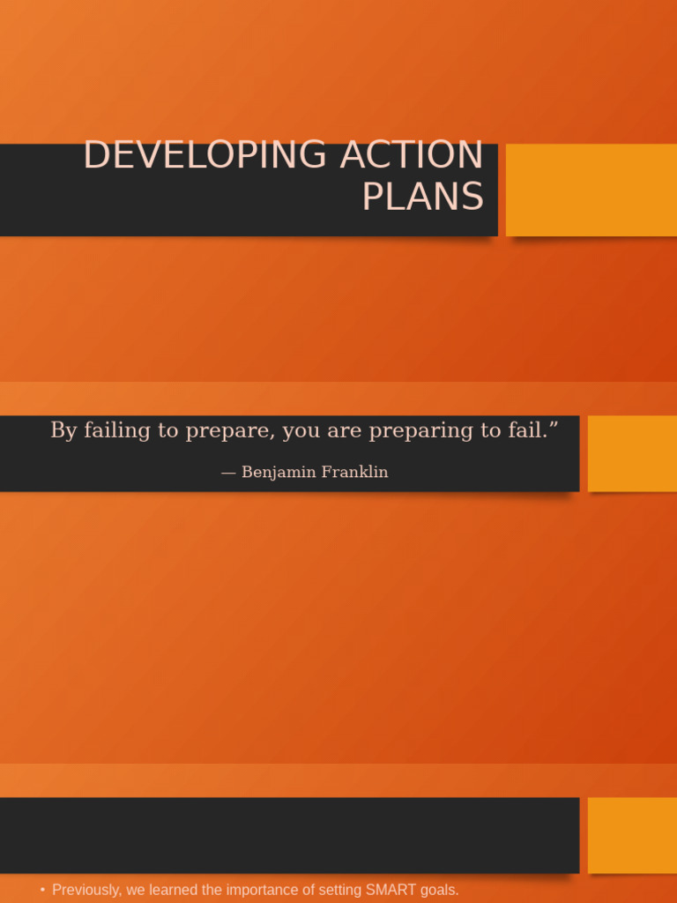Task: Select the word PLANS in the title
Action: (x=422, y=197)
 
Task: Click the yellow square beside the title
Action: (x=591, y=190)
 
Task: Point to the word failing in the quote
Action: (x=113, y=430)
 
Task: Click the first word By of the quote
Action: (x=63, y=430)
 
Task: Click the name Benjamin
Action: (x=277, y=473)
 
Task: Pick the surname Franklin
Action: (x=354, y=472)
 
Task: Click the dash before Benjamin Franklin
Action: (x=228, y=473)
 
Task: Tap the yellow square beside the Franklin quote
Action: (x=632, y=453)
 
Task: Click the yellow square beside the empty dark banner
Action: (x=632, y=835)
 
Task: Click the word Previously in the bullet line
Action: (x=87, y=890)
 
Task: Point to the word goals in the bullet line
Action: (x=439, y=890)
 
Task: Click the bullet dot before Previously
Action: (x=42, y=890)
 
